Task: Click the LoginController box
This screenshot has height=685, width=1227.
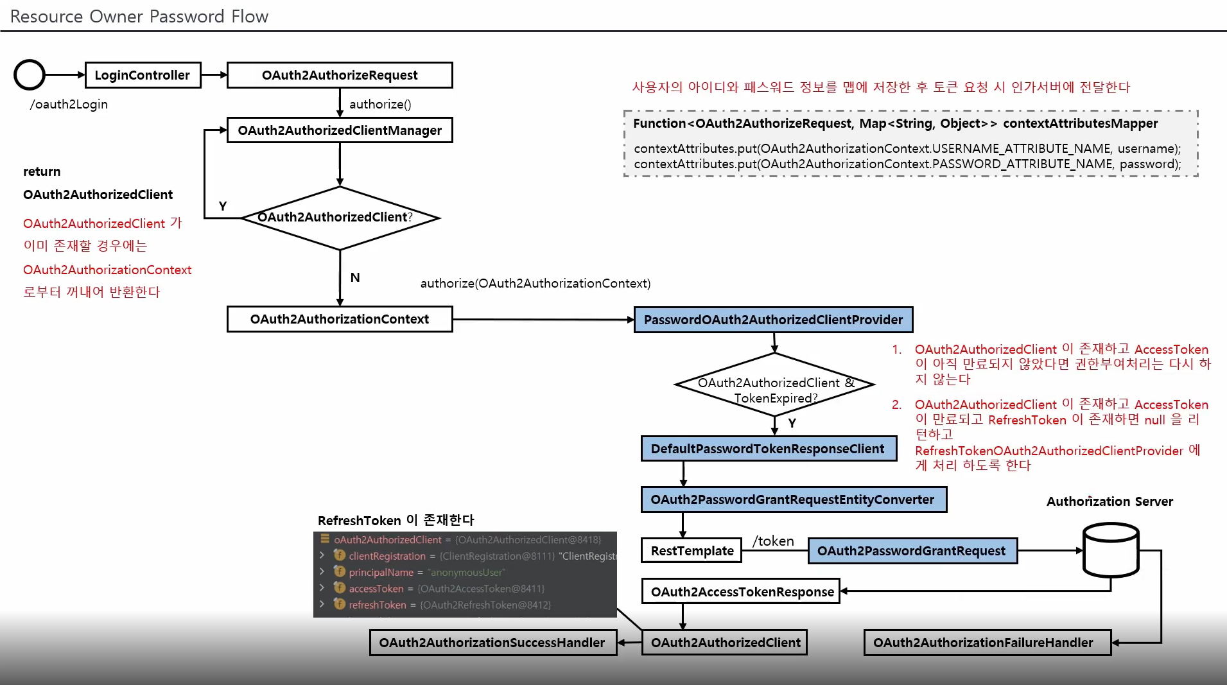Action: [143, 75]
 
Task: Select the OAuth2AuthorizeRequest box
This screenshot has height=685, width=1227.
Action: [340, 75]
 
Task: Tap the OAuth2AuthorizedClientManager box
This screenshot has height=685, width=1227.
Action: [340, 130]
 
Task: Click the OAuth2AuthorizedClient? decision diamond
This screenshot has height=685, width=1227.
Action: [340, 218]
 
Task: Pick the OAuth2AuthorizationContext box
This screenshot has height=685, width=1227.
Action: [340, 319]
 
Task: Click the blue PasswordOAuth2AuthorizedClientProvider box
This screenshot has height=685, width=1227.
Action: [773, 320]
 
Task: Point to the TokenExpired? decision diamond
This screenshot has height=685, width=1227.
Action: [775, 385]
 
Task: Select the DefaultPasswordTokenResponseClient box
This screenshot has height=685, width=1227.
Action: [768, 449]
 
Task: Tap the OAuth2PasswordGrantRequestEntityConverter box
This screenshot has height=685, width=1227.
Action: [793, 499]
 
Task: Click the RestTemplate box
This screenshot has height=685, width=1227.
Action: [692, 551]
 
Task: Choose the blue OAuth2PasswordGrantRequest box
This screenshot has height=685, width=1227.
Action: [912, 551]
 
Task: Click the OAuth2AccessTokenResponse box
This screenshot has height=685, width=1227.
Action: [741, 591]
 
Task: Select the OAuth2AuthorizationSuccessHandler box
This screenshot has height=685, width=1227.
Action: [492, 643]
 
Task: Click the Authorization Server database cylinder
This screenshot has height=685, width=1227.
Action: [1111, 550]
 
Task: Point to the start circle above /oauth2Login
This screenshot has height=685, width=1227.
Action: [30, 75]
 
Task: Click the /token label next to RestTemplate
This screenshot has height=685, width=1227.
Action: [773, 541]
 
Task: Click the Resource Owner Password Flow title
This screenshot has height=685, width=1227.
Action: [139, 16]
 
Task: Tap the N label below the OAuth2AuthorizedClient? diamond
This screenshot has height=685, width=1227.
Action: [355, 277]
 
